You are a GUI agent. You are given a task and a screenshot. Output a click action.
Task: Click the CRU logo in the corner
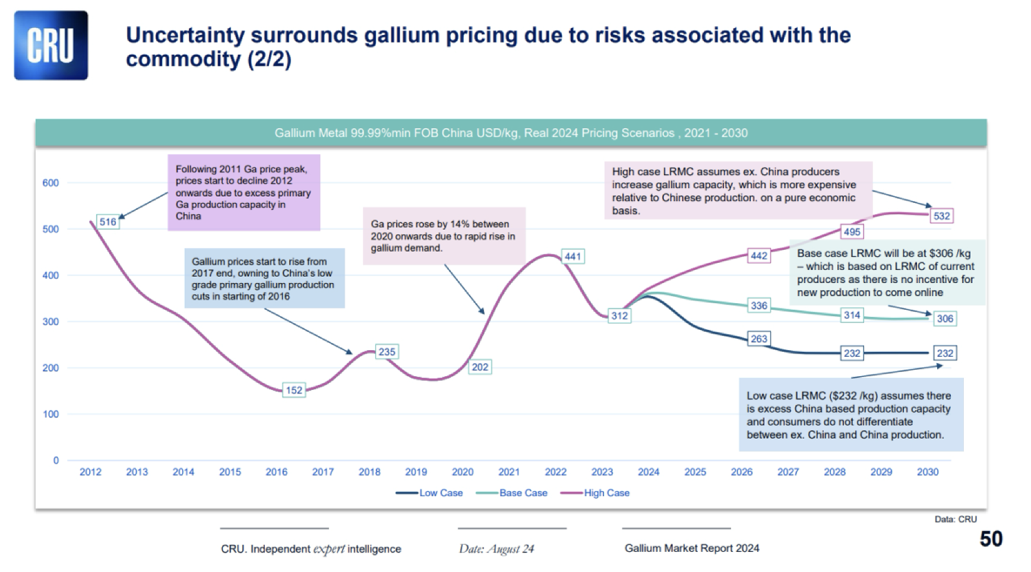51,46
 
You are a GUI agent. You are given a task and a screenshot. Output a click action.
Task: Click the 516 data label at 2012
107,222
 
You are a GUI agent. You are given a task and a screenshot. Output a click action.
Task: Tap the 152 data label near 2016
294,390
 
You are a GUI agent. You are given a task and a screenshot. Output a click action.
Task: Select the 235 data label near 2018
387,352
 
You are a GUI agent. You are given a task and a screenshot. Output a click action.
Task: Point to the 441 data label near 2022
573,256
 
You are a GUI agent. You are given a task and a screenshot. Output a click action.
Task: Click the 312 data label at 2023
619,316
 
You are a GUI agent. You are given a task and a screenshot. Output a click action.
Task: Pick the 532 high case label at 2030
941,216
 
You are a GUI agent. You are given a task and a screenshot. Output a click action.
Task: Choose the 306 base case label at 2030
944,319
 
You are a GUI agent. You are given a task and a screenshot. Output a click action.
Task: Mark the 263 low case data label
759,339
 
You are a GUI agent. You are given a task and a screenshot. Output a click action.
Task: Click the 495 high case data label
852,232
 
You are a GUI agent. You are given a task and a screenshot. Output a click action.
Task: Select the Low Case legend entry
429,493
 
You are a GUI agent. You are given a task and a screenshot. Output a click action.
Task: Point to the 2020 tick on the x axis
463,472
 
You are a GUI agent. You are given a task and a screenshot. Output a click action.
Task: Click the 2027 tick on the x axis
788,472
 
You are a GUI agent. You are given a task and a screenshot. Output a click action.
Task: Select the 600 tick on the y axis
50,183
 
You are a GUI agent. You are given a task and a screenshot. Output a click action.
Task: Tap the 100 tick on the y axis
50,414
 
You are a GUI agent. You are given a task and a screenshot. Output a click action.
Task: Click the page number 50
991,539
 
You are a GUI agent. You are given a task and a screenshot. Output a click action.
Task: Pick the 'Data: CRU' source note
955,519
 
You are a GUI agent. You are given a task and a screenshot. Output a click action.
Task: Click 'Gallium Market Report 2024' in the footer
691,548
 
